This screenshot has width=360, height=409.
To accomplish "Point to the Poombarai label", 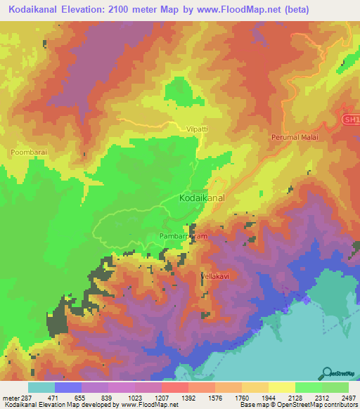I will (29, 152).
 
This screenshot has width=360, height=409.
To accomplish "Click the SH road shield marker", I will (351, 120).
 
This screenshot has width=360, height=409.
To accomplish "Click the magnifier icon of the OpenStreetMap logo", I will (327, 372).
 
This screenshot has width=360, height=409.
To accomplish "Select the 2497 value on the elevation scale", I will (349, 398).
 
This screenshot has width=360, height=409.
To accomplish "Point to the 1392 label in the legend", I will (188, 398).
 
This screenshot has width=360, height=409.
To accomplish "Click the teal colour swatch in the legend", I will (41, 387).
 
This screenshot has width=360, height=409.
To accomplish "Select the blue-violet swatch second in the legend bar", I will (68, 387).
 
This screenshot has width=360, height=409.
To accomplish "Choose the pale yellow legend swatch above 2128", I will (282, 387).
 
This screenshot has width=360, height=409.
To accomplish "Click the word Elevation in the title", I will (90, 10).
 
